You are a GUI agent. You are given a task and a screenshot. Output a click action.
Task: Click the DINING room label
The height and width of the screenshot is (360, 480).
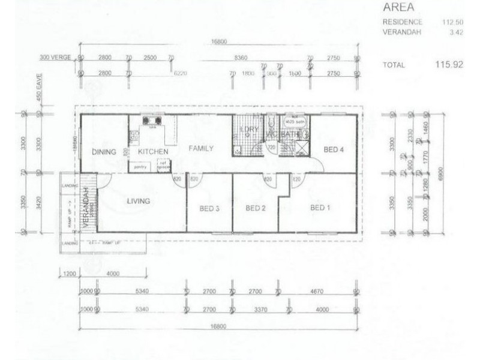(104, 152)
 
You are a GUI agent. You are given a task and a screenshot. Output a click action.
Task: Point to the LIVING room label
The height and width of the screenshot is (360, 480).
(138, 201)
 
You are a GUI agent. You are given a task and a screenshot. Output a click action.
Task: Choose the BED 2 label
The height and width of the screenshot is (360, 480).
(256, 208)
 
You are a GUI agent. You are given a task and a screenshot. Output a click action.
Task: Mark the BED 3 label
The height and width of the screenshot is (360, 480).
(209, 208)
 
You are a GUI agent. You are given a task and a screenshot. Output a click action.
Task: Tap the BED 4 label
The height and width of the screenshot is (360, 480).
(333, 149)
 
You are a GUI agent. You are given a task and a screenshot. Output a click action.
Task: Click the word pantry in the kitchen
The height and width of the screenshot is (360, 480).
(141, 167)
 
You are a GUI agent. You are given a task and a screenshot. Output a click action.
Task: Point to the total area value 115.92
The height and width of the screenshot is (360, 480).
(449, 64)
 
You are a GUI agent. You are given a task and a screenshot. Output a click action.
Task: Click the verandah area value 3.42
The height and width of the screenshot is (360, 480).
(455, 32)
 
